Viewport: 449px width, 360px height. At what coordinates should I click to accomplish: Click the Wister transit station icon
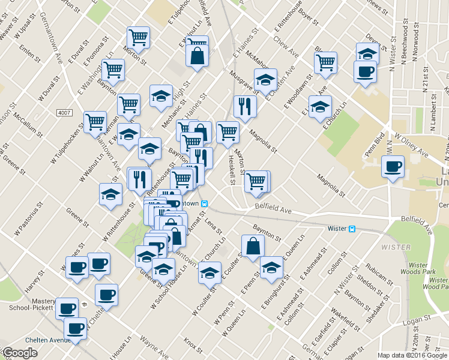(x=352, y=229)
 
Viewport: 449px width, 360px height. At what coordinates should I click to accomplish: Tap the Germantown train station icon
(x=205, y=204)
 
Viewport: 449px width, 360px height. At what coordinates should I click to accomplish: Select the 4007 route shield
(x=64, y=113)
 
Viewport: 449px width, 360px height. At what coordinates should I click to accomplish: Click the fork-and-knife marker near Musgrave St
(x=245, y=106)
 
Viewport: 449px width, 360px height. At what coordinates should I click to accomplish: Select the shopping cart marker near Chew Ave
(x=325, y=62)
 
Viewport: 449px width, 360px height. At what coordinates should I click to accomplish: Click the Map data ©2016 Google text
(x=412, y=355)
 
